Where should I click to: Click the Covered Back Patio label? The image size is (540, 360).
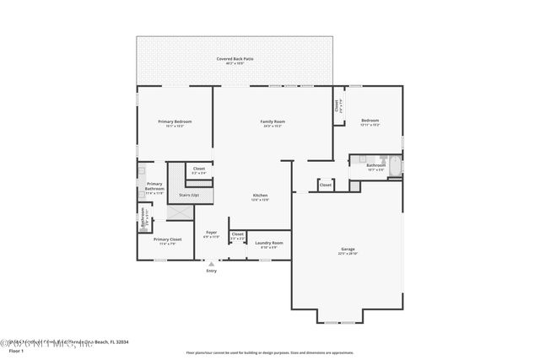pyautogui.click(x=235, y=59)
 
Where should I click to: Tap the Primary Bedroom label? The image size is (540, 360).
pyautogui.click(x=175, y=122)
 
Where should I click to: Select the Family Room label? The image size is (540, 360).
pyautogui.click(x=272, y=122)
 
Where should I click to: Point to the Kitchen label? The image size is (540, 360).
pyautogui.click(x=260, y=196)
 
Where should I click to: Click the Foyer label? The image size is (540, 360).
pyautogui.click(x=211, y=233)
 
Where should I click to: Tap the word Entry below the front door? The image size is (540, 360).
pyautogui.click(x=211, y=271)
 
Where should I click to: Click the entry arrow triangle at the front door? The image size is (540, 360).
pyautogui.click(x=211, y=263)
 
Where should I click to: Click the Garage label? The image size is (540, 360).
pyautogui.click(x=347, y=250)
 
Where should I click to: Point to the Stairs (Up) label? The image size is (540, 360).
pyautogui.click(x=189, y=195)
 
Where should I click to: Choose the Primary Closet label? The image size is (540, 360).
pyautogui.click(x=167, y=240)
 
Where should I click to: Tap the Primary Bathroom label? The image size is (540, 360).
pyautogui.click(x=154, y=186)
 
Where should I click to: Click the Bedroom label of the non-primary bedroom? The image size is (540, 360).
pyautogui.click(x=370, y=121)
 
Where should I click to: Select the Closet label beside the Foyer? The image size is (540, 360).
pyautogui.click(x=237, y=235)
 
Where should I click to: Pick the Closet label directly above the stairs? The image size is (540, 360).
pyautogui.click(x=198, y=169)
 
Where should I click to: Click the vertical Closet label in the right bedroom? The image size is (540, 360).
pyautogui.click(x=336, y=106)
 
